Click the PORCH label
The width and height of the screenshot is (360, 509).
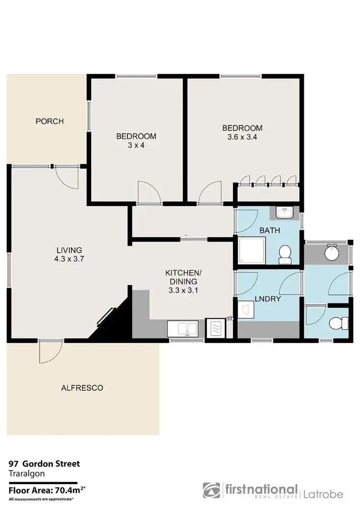(x=49, y=121)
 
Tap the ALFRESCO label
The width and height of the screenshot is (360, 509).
(x=82, y=388)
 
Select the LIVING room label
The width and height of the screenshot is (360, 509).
(x=69, y=250)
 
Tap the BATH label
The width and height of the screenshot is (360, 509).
(x=269, y=230)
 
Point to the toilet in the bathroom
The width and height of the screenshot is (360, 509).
(x=285, y=253)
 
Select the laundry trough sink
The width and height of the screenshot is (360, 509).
(x=248, y=309)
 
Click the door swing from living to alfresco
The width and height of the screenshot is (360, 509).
(x=49, y=352)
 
